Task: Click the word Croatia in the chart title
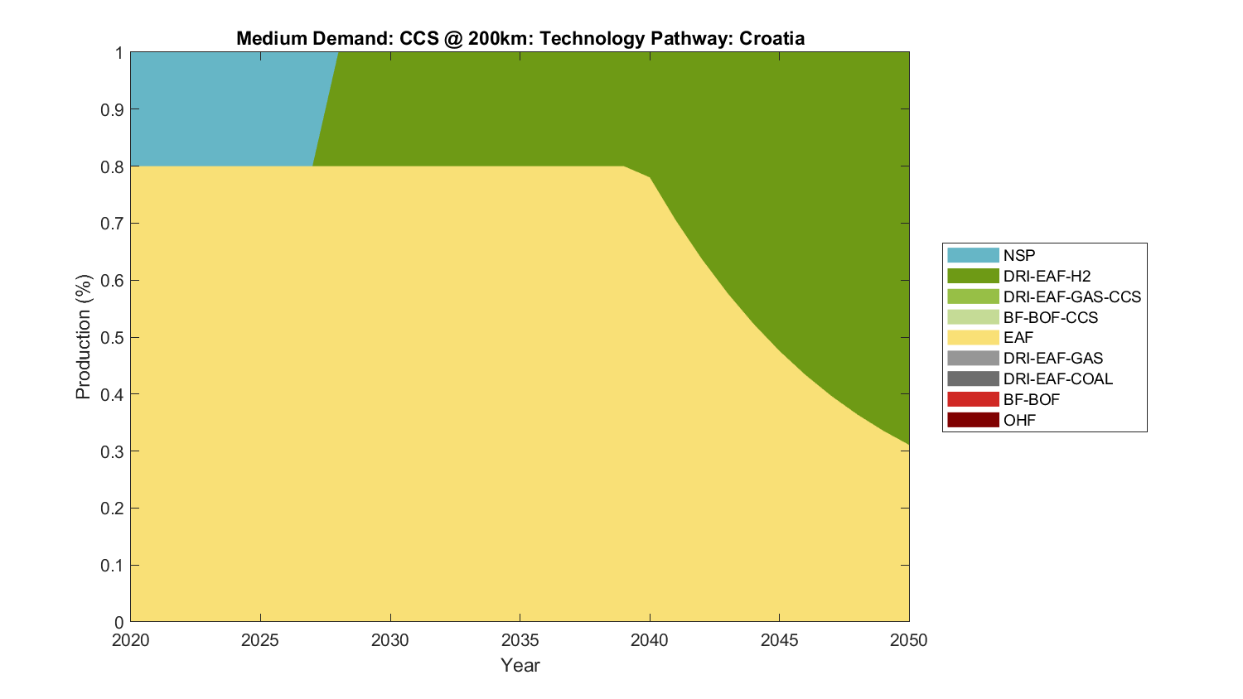pos(771,38)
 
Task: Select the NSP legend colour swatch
pos(973,255)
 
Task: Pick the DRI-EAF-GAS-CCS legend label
pos(1071,296)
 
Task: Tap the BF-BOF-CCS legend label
pos(1050,317)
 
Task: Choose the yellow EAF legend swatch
pos(973,337)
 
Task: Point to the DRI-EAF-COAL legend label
pos(1057,378)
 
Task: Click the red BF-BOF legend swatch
pos(973,399)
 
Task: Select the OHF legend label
pos(1019,420)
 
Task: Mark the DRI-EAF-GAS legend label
pos(1052,358)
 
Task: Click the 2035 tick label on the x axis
pos(520,640)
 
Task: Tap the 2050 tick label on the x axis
pos(909,640)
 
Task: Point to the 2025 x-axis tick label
pos(260,640)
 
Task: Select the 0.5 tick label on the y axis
pos(113,337)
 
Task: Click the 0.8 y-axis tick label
pos(113,166)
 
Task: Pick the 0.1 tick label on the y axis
pos(113,566)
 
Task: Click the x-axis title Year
pos(520,665)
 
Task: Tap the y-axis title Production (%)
pos(83,337)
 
